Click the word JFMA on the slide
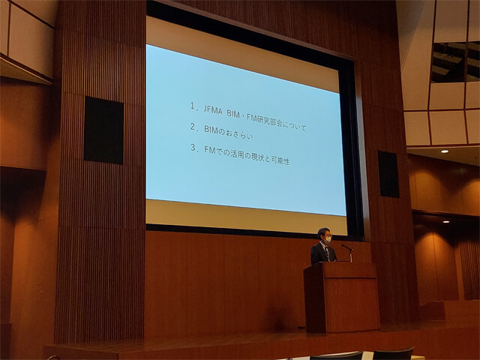pyautogui.click(x=213, y=110)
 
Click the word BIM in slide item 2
pyautogui.click(x=211, y=130)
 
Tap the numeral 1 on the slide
pyautogui.click(x=192, y=106)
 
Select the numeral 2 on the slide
pyautogui.click(x=193, y=127)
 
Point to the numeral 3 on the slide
pyautogui.click(x=193, y=148)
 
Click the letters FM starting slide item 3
pyautogui.click(x=209, y=150)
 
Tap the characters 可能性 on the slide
pyautogui.click(x=280, y=160)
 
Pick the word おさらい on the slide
pyautogui.click(x=239, y=133)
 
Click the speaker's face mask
pyautogui.click(x=328, y=241)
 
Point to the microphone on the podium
pyautogui.click(x=347, y=247)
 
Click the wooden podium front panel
pyautogui.click(x=352, y=303)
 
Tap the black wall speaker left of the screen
pyautogui.click(x=103, y=130)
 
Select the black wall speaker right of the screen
pyautogui.click(x=388, y=174)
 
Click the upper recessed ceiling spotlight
pyautogui.click(x=445, y=151)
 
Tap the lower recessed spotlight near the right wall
pyautogui.click(x=446, y=221)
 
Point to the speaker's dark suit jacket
pyautogui.click(x=322, y=253)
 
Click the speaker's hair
pyautogui.click(x=323, y=232)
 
